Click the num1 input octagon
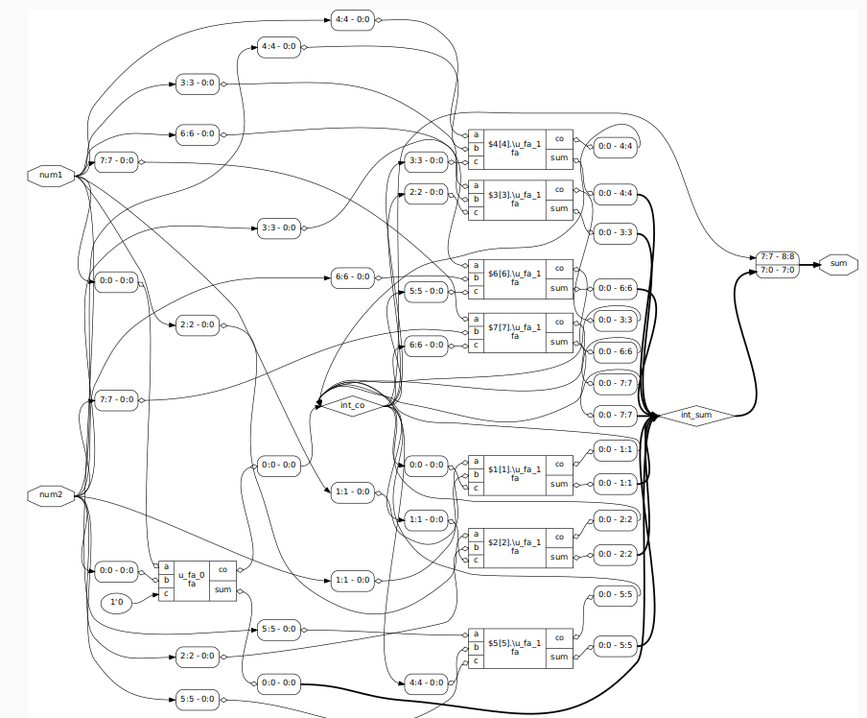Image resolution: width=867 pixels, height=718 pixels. coord(51,176)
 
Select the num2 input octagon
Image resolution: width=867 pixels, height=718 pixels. coord(51,495)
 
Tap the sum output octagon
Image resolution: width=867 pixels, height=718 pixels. coord(837,264)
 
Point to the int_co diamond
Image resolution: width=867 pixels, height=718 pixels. coord(353,405)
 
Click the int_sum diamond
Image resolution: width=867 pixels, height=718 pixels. coord(700,415)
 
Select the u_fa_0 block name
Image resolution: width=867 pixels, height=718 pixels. coord(192,580)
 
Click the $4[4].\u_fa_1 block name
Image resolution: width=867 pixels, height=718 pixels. coord(514,148)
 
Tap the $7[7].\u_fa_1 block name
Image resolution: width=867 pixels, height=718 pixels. coord(514,332)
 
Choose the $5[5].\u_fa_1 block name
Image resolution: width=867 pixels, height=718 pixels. coord(514,647)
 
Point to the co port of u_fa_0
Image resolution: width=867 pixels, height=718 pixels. coord(223,568)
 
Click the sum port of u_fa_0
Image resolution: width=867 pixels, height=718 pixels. coord(223,590)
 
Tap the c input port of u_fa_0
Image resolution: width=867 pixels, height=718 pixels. coord(166,594)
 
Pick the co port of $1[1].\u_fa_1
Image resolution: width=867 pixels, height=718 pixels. coord(559,464)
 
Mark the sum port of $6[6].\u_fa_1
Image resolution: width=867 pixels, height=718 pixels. coord(559,288)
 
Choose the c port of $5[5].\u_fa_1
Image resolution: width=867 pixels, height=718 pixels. coord(476,660)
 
